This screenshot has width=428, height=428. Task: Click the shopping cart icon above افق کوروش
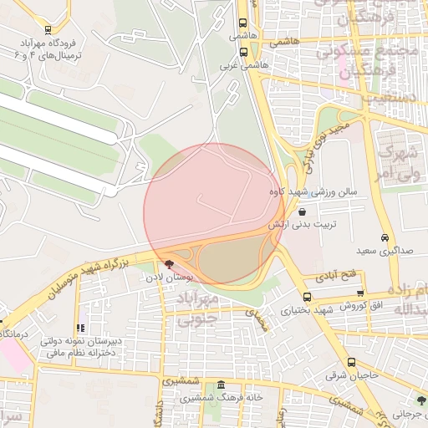[x=360, y=293]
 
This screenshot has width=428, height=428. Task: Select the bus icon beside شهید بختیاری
[x=308, y=297]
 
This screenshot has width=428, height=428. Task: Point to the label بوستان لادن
[x=176, y=276]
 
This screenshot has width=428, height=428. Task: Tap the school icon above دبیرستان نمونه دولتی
[x=80, y=329]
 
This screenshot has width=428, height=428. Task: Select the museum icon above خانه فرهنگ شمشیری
[x=221, y=385]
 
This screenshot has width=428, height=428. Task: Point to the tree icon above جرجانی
[x=420, y=401]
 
